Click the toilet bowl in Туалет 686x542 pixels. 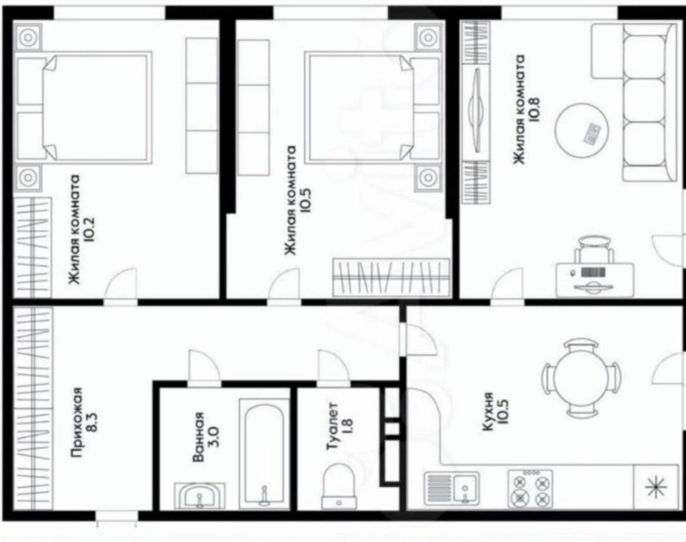pyautogui.click(x=338, y=486)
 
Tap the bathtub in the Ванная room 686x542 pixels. pyautogui.click(x=264, y=455)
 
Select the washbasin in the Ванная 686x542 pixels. pyautogui.click(x=199, y=496)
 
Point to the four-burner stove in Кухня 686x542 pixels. pyautogui.click(x=530, y=488)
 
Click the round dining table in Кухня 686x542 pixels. pyautogui.click(x=581, y=378)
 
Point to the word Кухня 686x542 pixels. pyautogui.click(x=488, y=412)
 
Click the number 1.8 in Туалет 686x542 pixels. pyautogui.click(x=348, y=426)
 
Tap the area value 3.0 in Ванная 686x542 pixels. pyautogui.click(x=213, y=436)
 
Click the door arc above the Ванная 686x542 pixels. pyautogui.click(x=204, y=365)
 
